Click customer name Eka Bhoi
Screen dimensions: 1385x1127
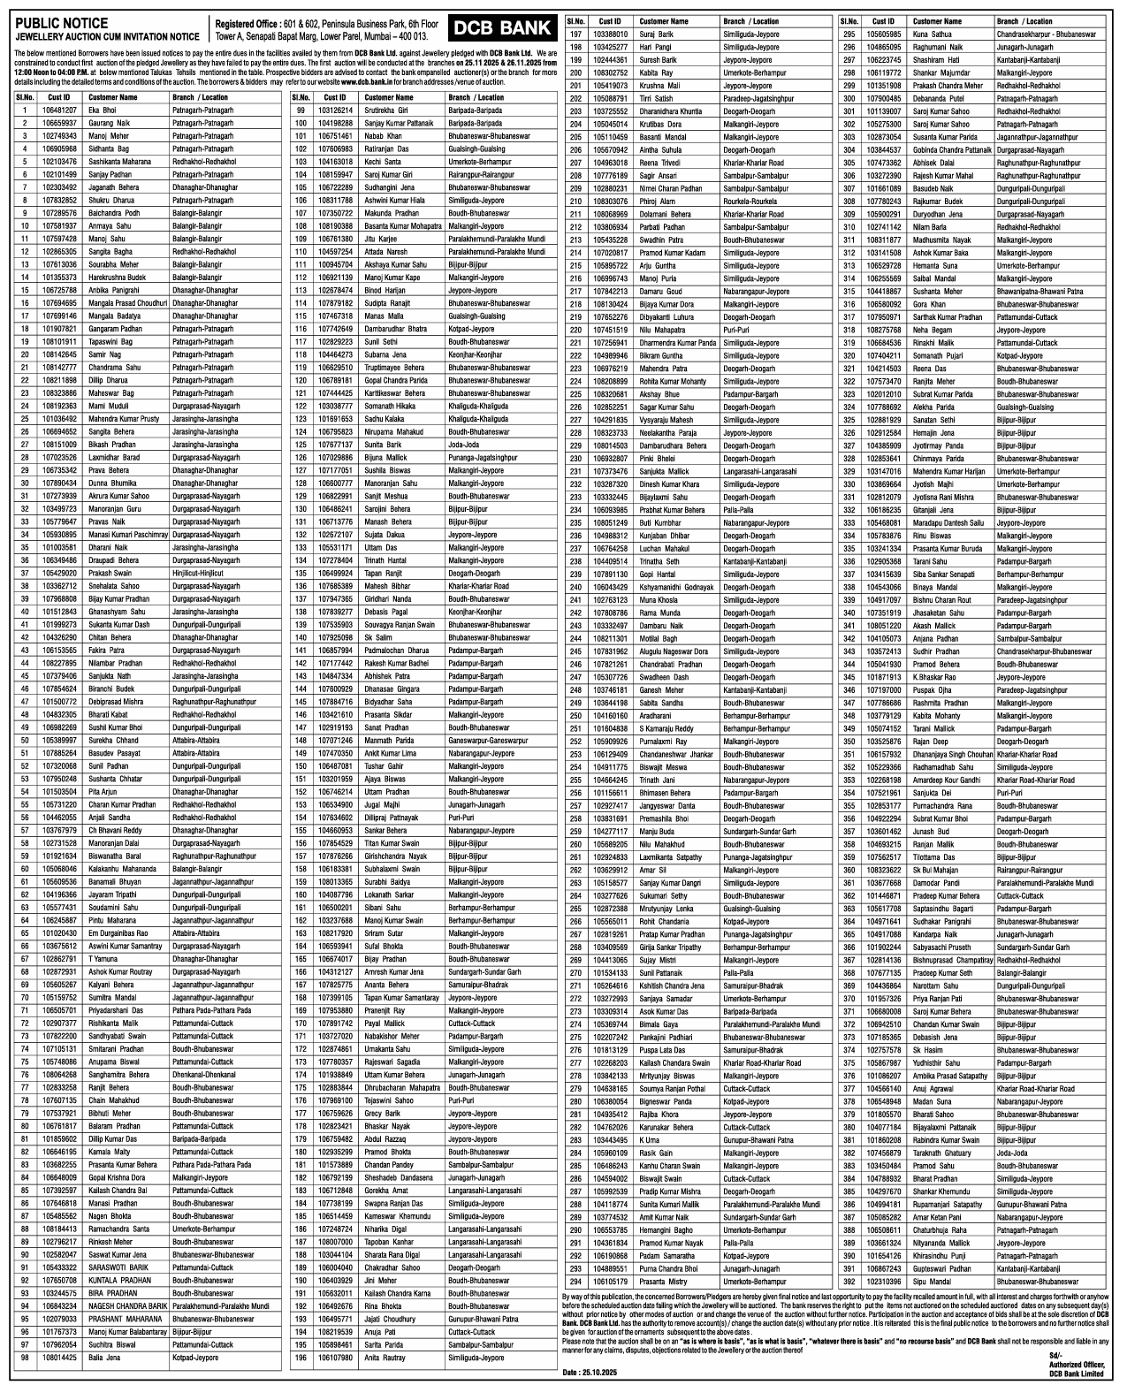point(102,110)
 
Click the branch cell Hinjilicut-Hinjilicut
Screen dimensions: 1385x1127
point(197,573)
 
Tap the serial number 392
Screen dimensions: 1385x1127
point(849,1281)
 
